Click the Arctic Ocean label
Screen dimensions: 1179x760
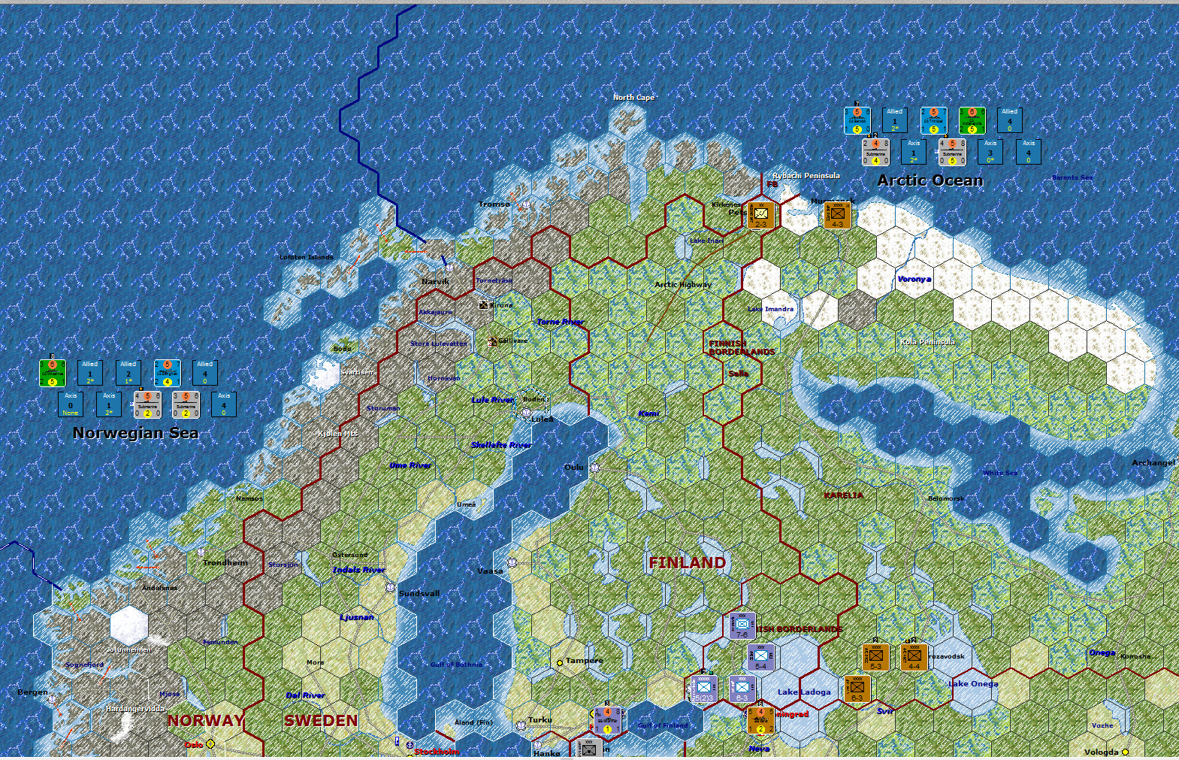coord(930,180)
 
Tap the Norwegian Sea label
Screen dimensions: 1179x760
coord(135,433)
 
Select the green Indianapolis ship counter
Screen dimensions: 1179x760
coord(972,120)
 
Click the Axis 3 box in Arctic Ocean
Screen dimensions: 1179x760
coord(990,151)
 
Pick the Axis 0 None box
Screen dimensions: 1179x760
coord(71,404)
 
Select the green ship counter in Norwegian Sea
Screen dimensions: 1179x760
coord(53,373)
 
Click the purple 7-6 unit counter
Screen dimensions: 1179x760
coord(742,625)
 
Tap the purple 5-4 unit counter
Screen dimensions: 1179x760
coord(760,658)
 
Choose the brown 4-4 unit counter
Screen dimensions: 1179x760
coord(914,657)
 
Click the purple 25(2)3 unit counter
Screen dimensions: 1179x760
coord(703,689)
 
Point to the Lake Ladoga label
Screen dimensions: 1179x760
coord(804,692)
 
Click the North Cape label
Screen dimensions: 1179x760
coord(633,97)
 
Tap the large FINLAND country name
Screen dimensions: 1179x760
coord(687,562)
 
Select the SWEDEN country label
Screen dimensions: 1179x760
coord(321,720)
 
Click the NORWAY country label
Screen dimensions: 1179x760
coord(205,720)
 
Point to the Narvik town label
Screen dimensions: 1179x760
coord(435,281)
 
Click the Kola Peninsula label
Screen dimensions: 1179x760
coord(927,342)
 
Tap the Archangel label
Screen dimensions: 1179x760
coord(1153,462)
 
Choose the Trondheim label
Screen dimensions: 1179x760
coord(225,562)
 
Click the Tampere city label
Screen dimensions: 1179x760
coord(584,660)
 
